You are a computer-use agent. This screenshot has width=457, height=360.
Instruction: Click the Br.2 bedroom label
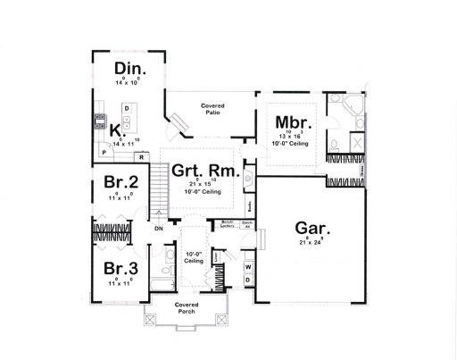[120, 184]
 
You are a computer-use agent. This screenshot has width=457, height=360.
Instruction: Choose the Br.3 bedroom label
[120, 268]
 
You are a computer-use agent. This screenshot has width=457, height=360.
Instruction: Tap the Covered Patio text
[212, 109]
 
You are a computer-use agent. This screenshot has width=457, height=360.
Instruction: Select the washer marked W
[248, 267]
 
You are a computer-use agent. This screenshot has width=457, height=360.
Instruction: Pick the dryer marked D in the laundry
[248, 280]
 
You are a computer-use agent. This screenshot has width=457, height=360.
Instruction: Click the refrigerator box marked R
[141, 157]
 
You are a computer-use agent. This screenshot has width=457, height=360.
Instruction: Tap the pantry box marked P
[104, 154]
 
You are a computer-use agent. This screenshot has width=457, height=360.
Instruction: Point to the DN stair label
[159, 229]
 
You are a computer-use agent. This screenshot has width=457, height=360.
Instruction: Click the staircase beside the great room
[161, 191]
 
